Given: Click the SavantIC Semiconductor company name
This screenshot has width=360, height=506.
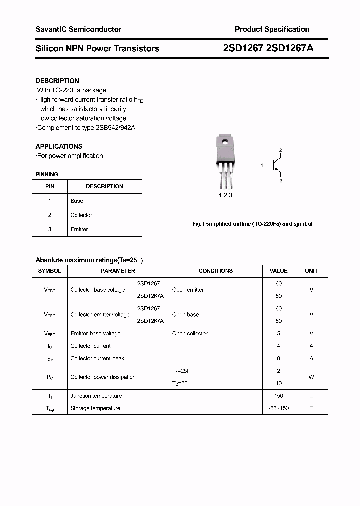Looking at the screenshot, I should pos(78,29).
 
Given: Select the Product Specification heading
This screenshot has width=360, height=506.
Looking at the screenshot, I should pos(272,29).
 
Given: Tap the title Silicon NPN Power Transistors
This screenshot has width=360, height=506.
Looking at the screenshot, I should pos(97,48).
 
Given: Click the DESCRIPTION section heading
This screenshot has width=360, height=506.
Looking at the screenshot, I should pos(57,81).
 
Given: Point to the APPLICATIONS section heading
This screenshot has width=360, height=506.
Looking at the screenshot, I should pos(59,146).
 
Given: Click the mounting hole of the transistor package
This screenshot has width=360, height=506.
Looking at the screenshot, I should pos(225,143).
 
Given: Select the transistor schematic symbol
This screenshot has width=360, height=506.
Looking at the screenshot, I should pos(275,165).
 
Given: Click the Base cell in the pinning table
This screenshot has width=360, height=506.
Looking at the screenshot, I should pos(77,201).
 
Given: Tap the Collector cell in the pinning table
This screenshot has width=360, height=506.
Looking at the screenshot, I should pos(81,215).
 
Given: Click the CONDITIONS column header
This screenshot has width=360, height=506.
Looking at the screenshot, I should pos(215,271).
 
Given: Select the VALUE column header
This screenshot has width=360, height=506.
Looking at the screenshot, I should pos(278,271).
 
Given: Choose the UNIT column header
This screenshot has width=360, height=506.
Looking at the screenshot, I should pos(311,271).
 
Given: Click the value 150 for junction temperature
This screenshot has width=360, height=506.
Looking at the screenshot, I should pos(278,396).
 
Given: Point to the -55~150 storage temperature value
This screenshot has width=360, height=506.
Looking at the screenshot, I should pos(278,408).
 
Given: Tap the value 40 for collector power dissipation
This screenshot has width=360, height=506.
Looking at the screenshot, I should pos(278,383).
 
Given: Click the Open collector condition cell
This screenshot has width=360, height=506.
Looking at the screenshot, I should pos(190,333).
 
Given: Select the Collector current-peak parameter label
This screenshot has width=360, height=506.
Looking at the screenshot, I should pos(97,358).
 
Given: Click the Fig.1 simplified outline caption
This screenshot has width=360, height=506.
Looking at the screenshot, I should pos(252,224).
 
